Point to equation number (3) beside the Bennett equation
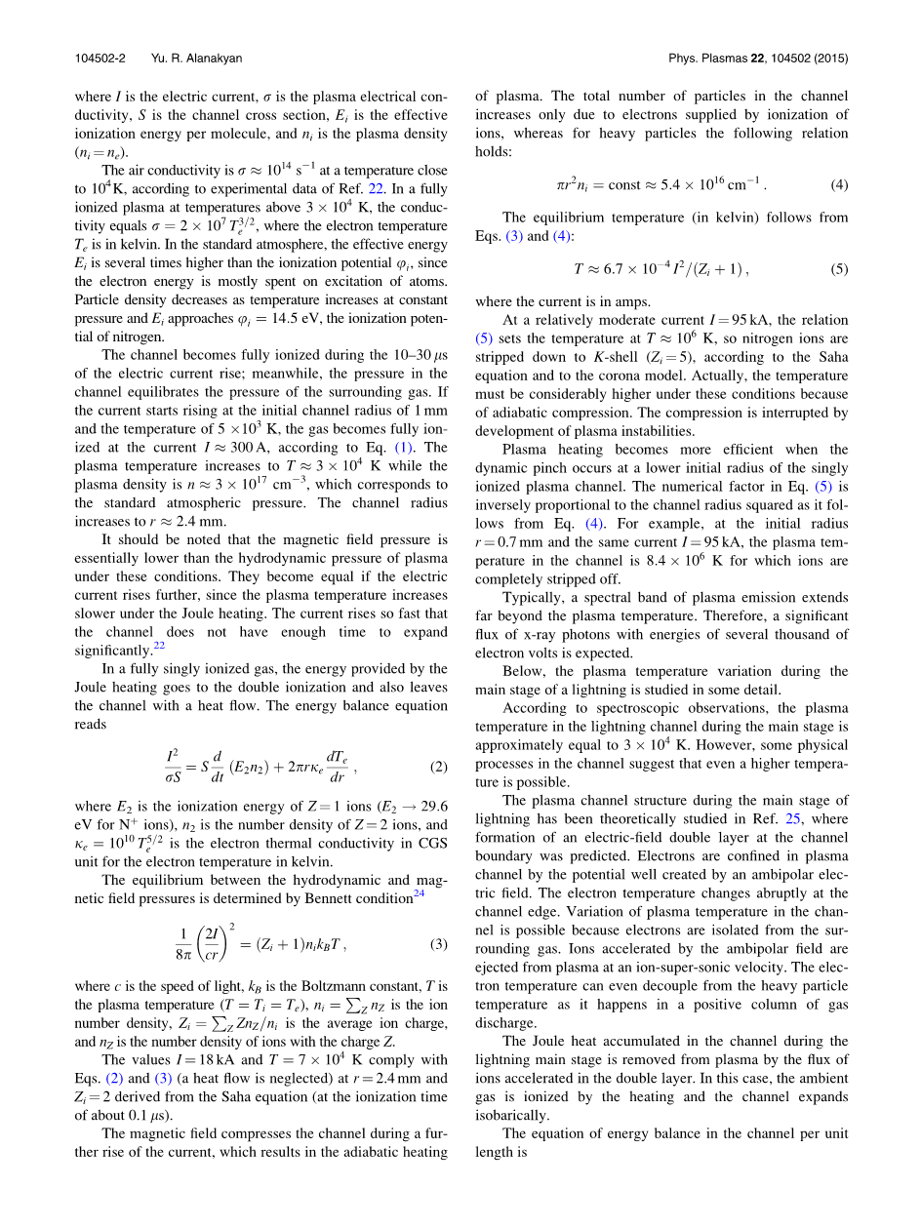(x=439, y=944)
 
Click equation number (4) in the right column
(x=839, y=184)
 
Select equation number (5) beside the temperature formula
(x=839, y=269)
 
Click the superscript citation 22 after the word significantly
(x=159, y=646)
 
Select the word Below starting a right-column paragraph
(x=523, y=672)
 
